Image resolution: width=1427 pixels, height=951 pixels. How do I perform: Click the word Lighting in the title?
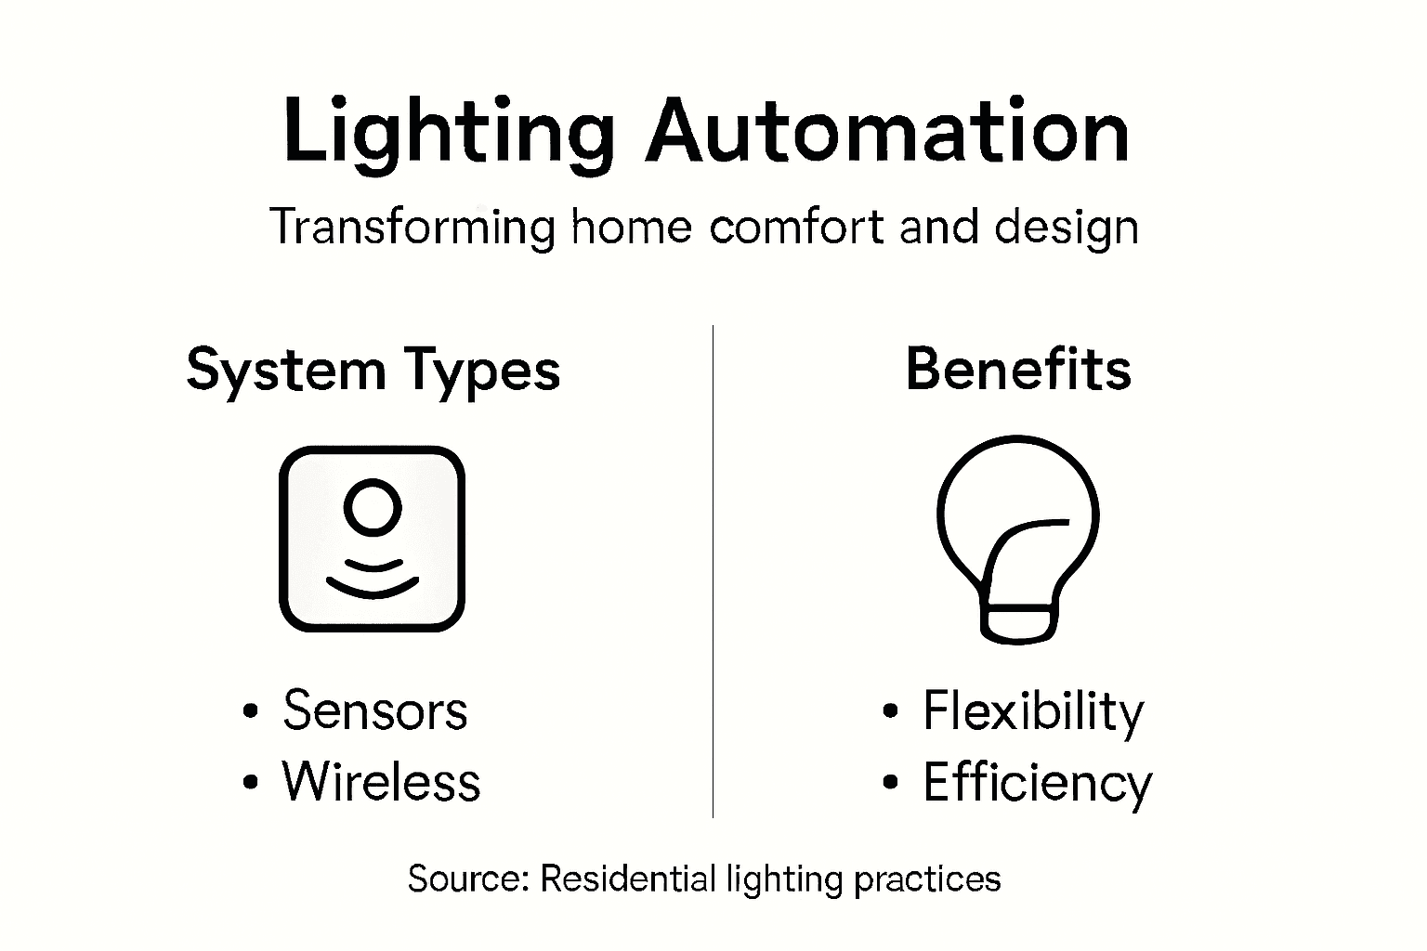[448, 132]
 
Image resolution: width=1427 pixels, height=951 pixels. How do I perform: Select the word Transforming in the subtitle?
[412, 228]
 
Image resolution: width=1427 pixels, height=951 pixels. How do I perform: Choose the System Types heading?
[373, 371]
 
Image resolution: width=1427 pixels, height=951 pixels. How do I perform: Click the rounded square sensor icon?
[372, 539]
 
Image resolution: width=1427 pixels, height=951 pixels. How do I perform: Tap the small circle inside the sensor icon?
[373, 507]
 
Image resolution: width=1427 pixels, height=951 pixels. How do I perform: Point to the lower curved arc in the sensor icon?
[373, 586]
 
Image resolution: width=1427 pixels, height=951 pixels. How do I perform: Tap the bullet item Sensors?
[374, 711]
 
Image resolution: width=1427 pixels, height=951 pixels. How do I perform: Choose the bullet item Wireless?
[381, 781]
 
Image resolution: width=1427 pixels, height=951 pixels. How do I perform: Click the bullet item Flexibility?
[1033, 712]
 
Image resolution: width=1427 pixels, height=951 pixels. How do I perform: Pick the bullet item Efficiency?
[1037, 783]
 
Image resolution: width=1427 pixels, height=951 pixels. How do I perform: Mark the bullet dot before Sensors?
[249, 712]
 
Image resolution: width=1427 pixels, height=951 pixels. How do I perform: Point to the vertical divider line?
[713, 571]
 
